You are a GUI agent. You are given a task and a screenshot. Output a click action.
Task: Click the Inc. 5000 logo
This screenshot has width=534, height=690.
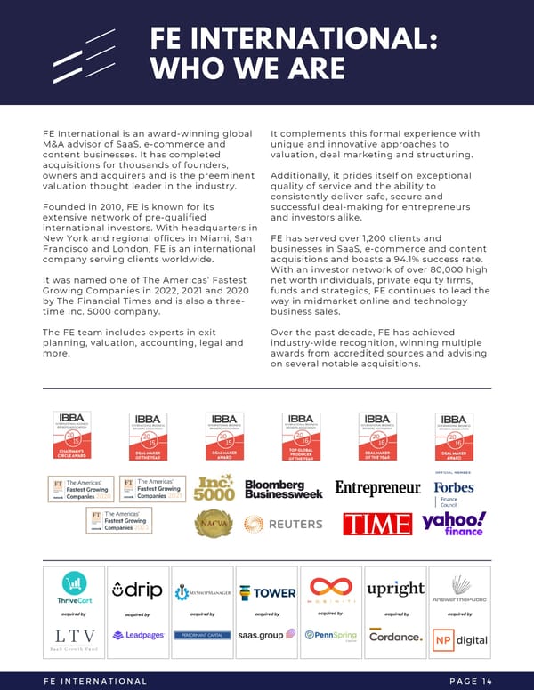214,487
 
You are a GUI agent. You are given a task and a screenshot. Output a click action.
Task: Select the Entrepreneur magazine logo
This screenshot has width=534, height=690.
377,488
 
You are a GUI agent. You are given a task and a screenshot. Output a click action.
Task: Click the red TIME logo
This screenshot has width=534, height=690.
377,524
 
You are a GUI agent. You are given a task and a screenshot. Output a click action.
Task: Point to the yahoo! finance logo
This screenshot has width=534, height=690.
454,524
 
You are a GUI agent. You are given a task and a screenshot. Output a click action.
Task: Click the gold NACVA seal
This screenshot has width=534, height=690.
214,524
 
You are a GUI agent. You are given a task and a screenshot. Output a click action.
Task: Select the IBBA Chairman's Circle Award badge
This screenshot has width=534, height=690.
73,437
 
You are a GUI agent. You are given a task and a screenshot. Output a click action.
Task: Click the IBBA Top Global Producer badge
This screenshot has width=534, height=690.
301,437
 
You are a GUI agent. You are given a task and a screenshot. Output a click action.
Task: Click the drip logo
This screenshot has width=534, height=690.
137,590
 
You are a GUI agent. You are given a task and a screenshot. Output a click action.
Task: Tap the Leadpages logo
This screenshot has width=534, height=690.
137,636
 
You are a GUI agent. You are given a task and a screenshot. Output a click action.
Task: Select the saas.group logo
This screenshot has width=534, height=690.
265,636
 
